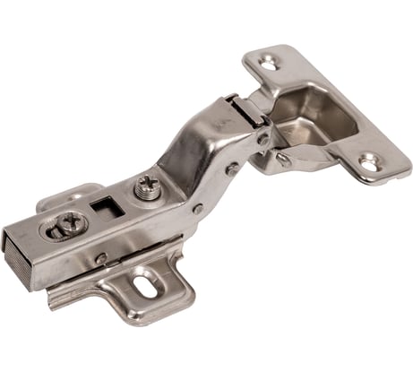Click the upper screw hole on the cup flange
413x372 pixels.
coord(267,62)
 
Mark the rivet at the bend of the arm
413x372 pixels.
coord(196,209)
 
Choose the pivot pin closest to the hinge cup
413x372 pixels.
coord(262,138)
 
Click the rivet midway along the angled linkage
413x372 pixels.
coord(232,168)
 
